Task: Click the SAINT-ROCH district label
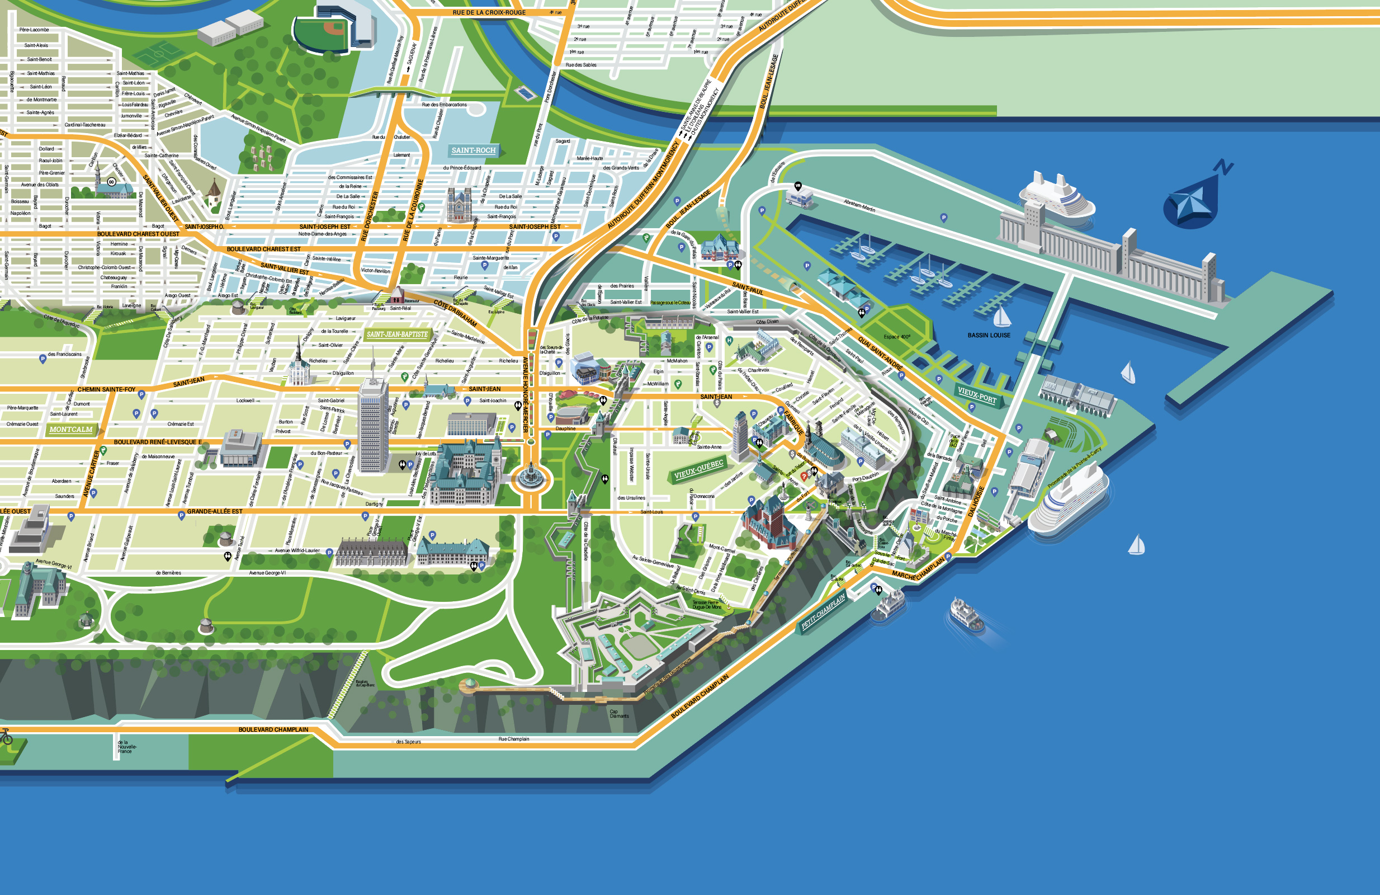coord(473,150)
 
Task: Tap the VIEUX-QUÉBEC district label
coord(699,470)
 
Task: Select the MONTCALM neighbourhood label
coord(71,429)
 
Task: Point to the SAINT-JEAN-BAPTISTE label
coord(397,335)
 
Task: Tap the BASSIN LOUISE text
coord(989,335)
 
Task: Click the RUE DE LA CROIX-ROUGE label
coord(489,12)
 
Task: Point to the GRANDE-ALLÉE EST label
coord(215,512)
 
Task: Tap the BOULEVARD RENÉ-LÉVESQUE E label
coord(158,442)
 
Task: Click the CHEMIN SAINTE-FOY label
coord(106,390)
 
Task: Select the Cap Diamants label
coord(618,713)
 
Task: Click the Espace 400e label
coord(896,336)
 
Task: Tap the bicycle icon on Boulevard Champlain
coord(6,737)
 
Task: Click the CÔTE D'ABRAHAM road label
coord(455,313)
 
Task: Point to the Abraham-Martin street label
coord(859,205)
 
